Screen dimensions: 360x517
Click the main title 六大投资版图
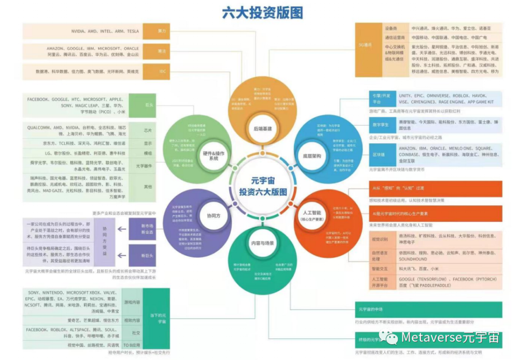tap(262, 12)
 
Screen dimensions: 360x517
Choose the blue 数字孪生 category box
tap(380, 125)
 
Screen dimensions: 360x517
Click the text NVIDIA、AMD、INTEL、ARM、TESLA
tap(106, 31)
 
